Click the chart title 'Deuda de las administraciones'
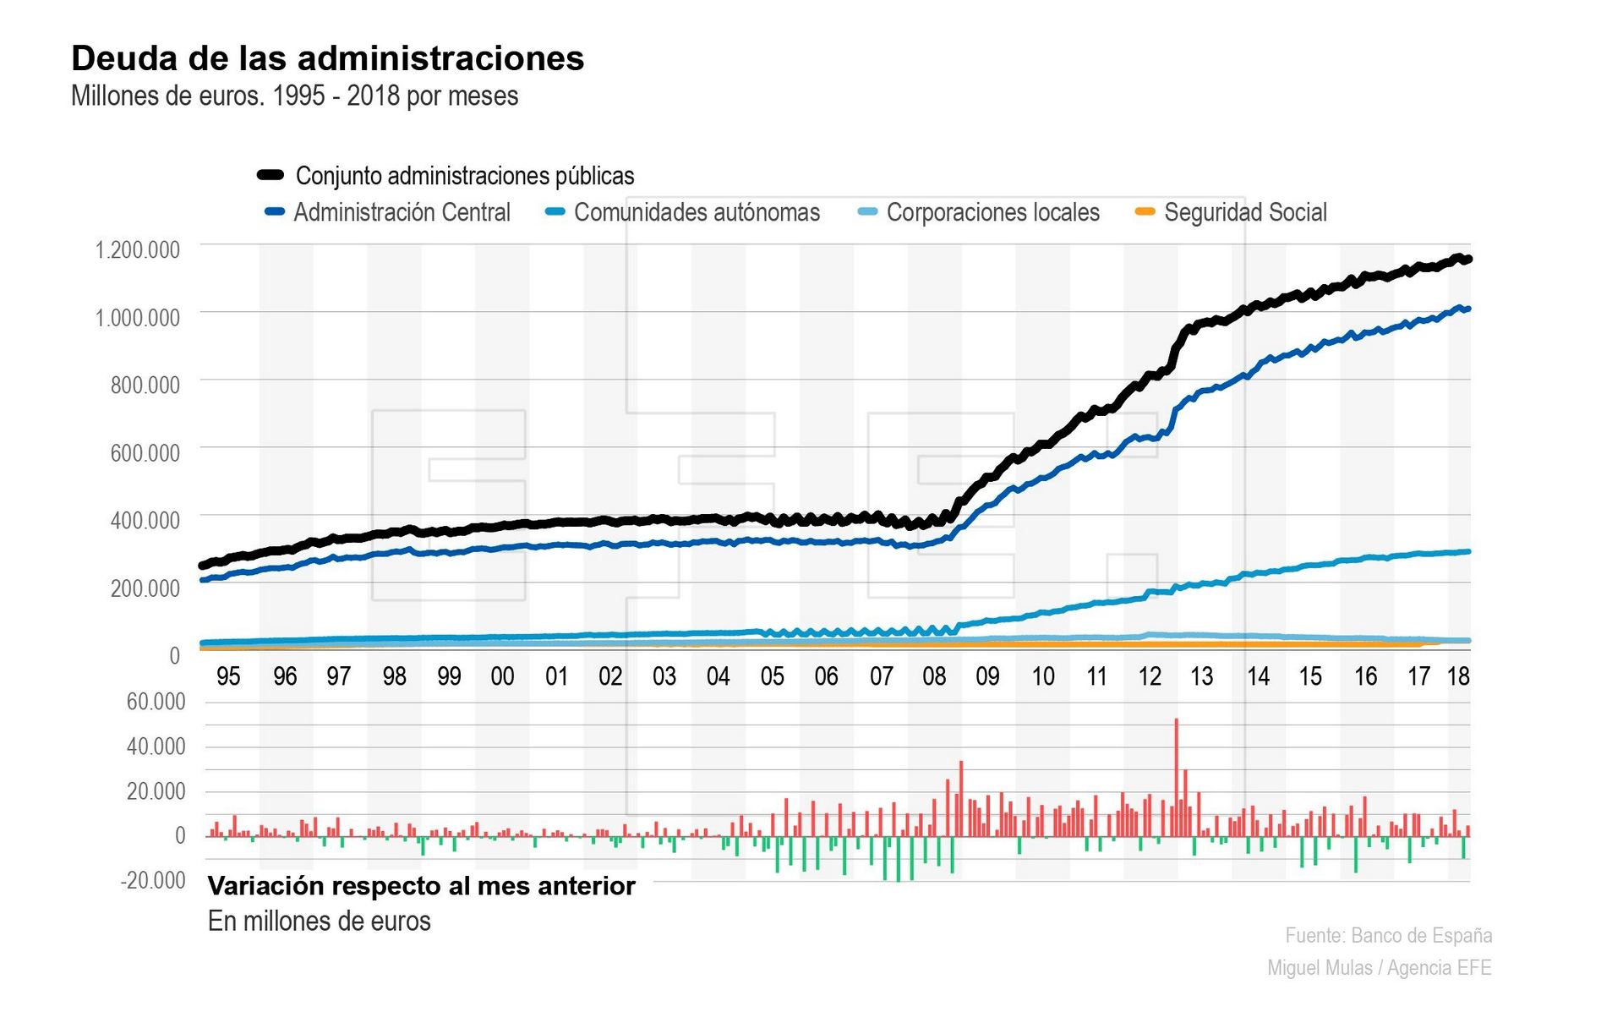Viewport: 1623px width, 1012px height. click(327, 58)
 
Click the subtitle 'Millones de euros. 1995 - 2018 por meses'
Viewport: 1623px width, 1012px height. click(294, 96)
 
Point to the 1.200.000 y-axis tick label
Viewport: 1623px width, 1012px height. click(138, 250)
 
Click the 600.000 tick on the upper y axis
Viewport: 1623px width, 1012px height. click(145, 453)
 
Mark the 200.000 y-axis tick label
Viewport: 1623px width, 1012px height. click(145, 588)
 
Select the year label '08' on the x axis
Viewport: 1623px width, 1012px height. click(934, 676)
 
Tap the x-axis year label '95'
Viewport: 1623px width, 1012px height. click(228, 676)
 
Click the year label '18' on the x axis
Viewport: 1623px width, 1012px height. click(1458, 676)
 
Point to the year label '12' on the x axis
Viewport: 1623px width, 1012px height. click(1150, 676)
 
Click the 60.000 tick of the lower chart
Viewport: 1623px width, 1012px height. click(156, 702)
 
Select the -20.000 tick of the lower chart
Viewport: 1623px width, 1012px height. click(153, 881)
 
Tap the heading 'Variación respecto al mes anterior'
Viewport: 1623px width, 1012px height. click(421, 886)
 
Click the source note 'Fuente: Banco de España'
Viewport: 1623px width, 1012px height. click(1388, 936)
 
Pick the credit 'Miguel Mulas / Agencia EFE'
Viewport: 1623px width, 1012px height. click(1379, 968)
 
